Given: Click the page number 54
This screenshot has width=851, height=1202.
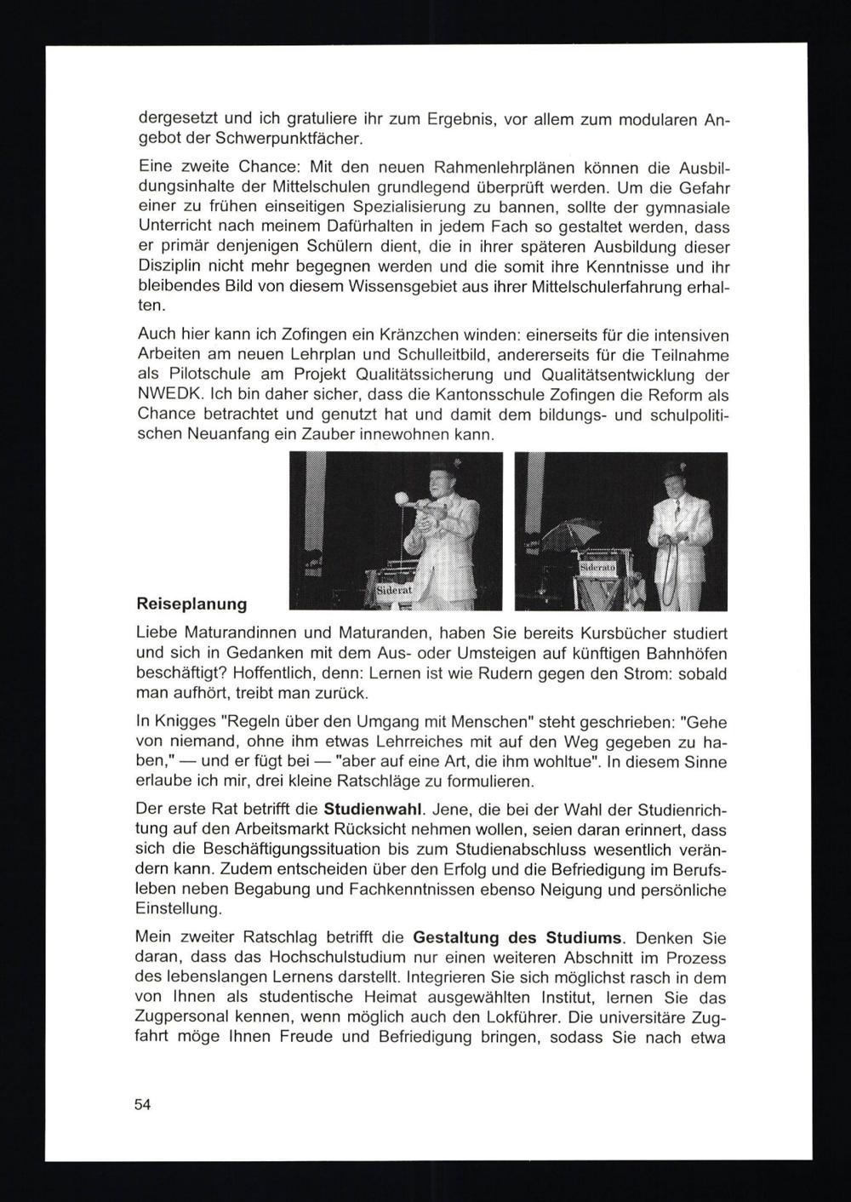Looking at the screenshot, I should pyautogui.click(x=142, y=1105).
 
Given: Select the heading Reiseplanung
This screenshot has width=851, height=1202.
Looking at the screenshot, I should pyautogui.click(x=191, y=604).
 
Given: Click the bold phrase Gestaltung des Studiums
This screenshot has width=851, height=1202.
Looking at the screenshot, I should pyautogui.click(x=518, y=939).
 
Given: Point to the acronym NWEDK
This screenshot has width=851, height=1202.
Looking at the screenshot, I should pyautogui.click(x=168, y=396).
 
